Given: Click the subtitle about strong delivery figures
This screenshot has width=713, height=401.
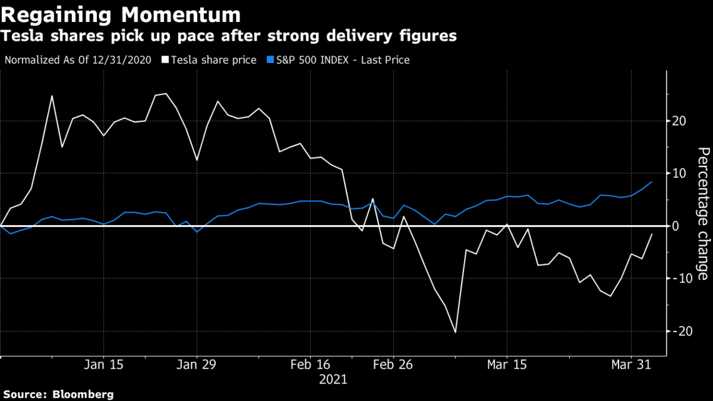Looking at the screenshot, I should click(x=228, y=36).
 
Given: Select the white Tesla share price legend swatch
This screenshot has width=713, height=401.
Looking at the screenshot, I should click(x=165, y=60).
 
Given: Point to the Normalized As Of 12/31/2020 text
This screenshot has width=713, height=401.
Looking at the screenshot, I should click(x=78, y=60).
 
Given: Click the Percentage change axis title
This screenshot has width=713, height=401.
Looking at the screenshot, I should click(x=704, y=214).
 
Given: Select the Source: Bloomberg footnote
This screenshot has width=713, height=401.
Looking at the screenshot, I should click(x=57, y=394).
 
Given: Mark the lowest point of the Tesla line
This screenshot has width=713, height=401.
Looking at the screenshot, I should click(x=455, y=332).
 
